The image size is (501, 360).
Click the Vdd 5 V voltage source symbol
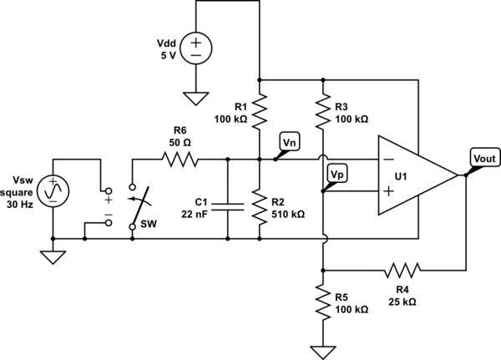coord(195,45)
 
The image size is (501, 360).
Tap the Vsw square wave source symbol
coord(52,192)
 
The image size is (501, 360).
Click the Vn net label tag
coord(290,144)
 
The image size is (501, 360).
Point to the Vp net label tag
coord(337,174)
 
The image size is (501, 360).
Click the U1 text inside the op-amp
coord(402,176)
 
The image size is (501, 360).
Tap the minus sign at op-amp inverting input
coord(389,160)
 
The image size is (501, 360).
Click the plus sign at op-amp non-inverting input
coord(389,191)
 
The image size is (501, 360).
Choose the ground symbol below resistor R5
coord(323,351)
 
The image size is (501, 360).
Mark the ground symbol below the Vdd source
coord(195,99)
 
